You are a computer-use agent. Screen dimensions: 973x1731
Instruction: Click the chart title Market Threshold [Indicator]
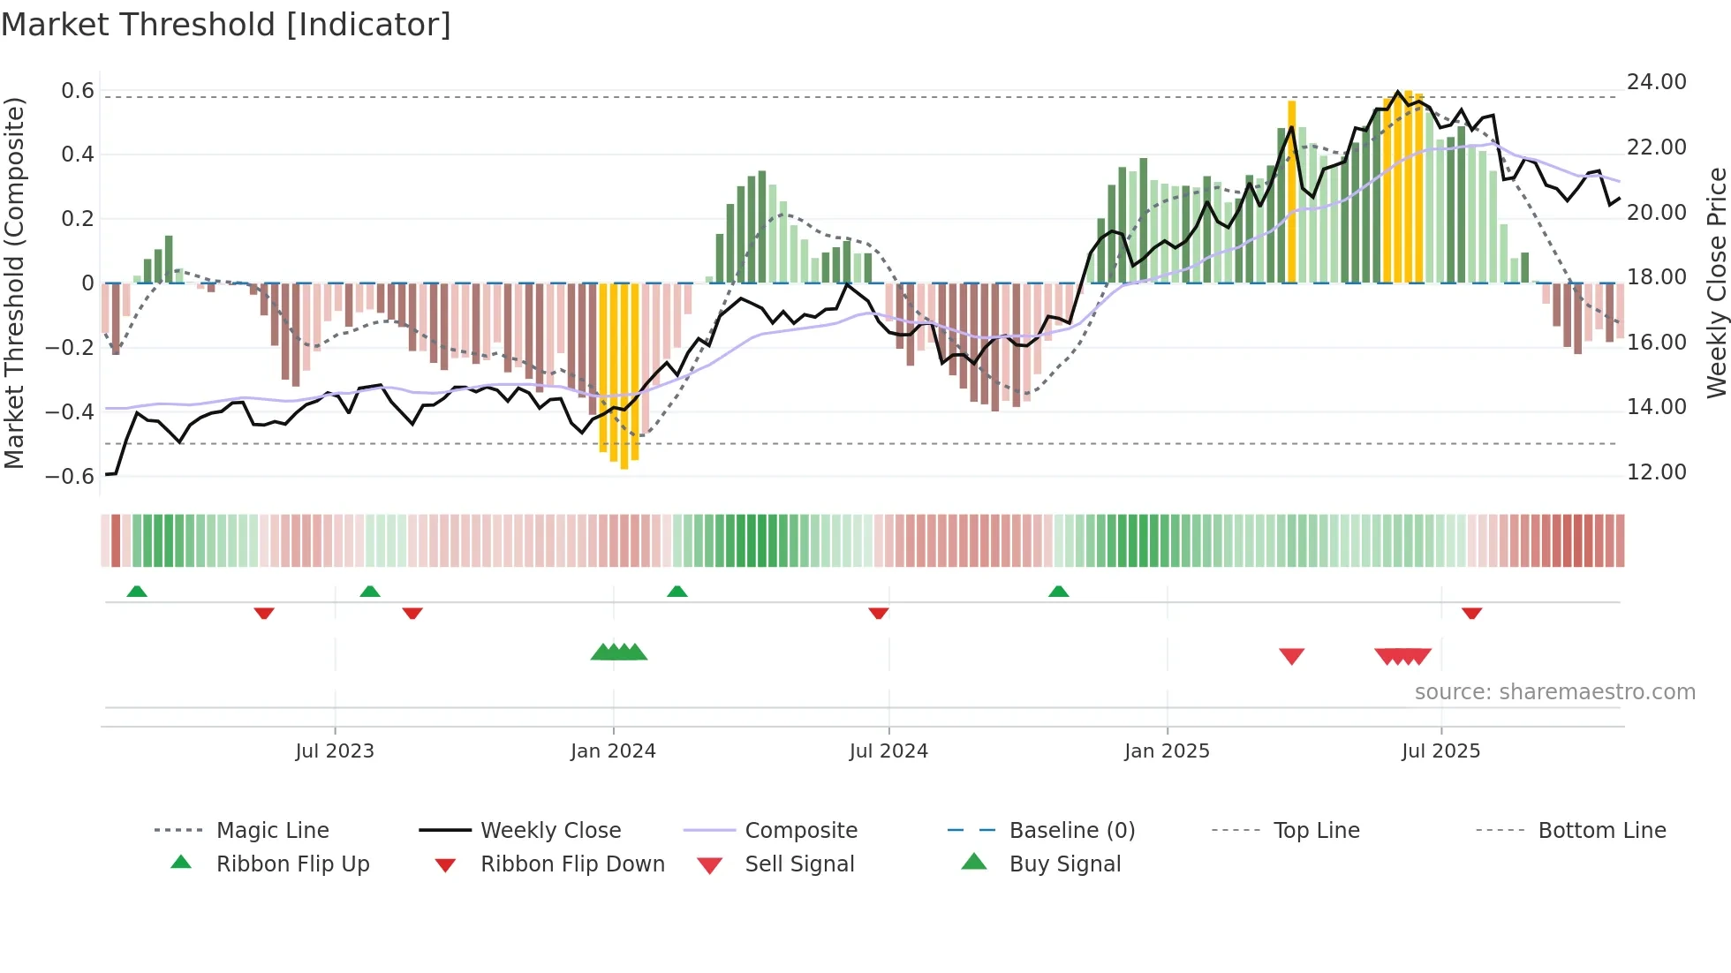(x=226, y=25)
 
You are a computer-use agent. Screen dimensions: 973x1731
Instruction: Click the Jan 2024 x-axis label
(x=613, y=751)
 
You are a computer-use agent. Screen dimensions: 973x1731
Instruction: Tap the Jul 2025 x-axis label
(x=1440, y=751)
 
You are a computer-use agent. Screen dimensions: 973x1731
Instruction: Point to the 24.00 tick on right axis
(x=1656, y=82)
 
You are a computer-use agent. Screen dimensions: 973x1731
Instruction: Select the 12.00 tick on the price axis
(x=1656, y=472)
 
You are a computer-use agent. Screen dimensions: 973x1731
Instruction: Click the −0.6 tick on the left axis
(x=70, y=477)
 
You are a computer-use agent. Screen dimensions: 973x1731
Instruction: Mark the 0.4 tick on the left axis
(x=77, y=155)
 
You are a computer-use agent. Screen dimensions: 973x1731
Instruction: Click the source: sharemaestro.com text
(x=1554, y=692)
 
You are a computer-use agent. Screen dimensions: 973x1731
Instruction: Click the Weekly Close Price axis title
(x=1716, y=283)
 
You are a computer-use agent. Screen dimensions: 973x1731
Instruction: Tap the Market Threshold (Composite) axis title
(x=14, y=283)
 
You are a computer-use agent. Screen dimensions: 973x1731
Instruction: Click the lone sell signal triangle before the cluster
(x=1291, y=656)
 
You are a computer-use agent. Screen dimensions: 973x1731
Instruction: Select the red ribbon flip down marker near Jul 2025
(x=1471, y=613)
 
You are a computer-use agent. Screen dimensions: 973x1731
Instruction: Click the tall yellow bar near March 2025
(x=1291, y=191)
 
